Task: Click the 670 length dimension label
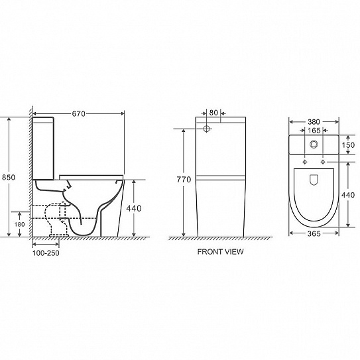(x=78, y=113)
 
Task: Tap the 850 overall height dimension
(x=9, y=177)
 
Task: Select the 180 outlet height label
(x=19, y=224)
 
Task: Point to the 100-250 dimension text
(x=46, y=253)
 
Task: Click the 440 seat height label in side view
(x=134, y=208)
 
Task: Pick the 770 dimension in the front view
(x=184, y=180)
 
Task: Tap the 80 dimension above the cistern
(x=213, y=113)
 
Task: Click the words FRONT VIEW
(x=220, y=252)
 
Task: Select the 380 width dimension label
(x=314, y=122)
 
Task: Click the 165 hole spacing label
(x=314, y=131)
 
